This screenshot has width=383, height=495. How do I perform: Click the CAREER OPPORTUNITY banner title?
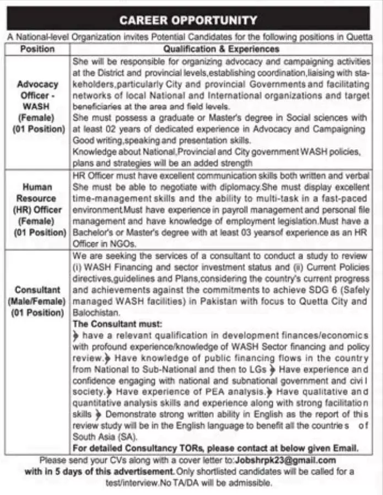tap(188, 20)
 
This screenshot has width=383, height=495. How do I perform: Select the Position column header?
tap(37, 49)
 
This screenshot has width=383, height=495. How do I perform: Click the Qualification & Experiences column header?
tap(221, 49)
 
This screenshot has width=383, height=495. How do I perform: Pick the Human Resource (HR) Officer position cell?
tap(37, 209)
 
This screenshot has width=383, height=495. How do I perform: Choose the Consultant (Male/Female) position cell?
tap(37, 301)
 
